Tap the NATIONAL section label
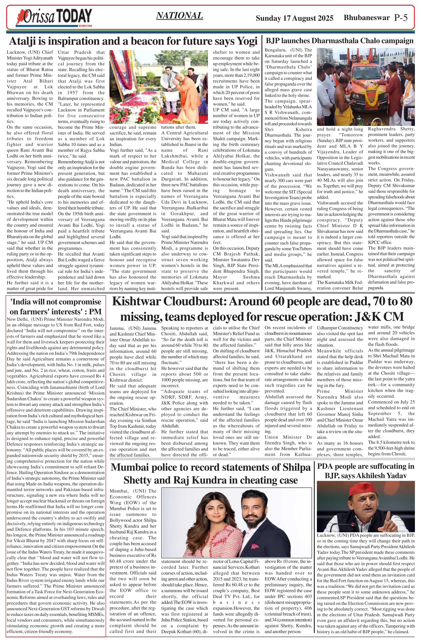click(x=179, y=16)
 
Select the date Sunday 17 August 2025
click(x=294, y=18)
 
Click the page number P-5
click(x=401, y=18)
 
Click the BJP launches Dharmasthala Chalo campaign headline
click(x=340, y=41)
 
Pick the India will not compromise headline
click(x=56, y=307)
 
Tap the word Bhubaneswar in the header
click(x=366, y=18)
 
